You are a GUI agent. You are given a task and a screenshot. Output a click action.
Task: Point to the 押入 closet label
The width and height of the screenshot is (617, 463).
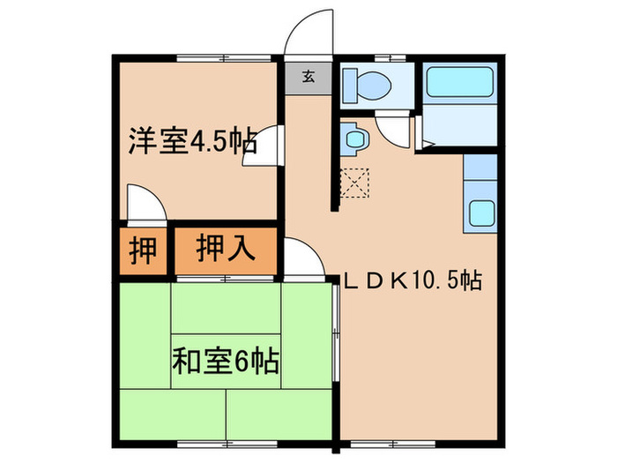[x=226, y=249]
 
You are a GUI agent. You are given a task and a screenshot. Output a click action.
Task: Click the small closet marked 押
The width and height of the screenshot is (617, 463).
[x=141, y=250]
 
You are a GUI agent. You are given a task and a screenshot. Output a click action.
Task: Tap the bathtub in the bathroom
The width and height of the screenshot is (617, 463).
[x=460, y=86]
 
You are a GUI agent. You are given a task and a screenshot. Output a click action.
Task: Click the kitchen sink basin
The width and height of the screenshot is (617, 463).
[x=482, y=213]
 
